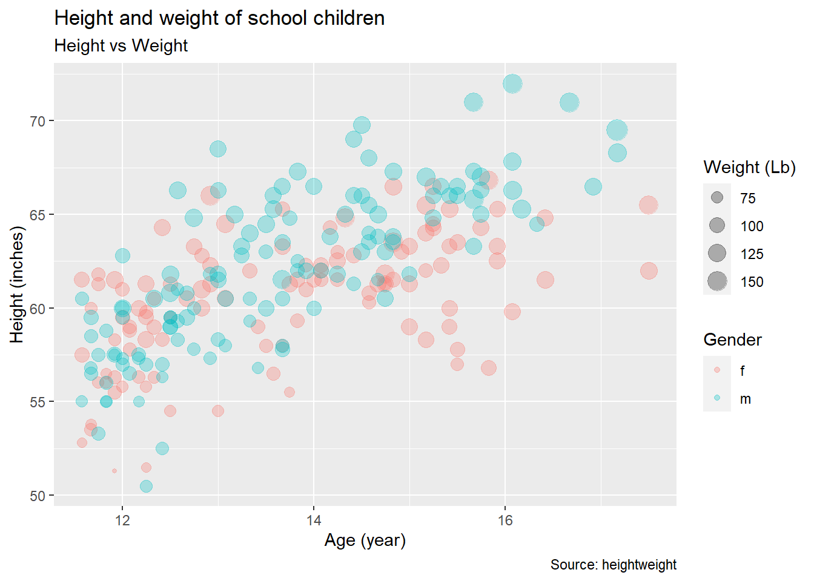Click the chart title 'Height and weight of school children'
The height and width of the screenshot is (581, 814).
click(x=219, y=18)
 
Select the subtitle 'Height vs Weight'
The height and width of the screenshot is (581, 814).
click(x=121, y=45)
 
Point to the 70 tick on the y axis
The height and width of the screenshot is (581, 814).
click(x=38, y=121)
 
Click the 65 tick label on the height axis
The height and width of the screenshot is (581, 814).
click(x=38, y=215)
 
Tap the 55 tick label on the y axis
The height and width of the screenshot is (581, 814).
click(x=38, y=402)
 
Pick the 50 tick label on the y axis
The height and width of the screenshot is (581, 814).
click(x=38, y=496)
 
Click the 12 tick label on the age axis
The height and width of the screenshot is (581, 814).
click(x=122, y=520)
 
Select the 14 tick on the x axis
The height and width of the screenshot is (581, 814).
click(x=314, y=520)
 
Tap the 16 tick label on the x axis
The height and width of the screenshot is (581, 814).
click(x=505, y=520)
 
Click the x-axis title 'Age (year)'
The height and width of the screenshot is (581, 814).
click(x=365, y=540)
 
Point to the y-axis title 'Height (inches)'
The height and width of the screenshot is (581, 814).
click(x=17, y=284)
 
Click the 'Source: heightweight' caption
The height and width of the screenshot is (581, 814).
click(x=613, y=565)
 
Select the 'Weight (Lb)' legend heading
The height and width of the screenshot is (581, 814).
click(x=749, y=167)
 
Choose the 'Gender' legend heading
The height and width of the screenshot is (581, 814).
click(x=732, y=340)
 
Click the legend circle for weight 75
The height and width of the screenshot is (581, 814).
click(x=717, y=198)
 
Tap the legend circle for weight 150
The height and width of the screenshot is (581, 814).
click(x=717, y=281)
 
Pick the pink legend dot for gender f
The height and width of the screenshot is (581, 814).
click(x=717, y=370)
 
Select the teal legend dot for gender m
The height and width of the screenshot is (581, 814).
click(x=717, y=398)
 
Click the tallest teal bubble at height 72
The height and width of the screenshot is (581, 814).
click(x=512, y=84)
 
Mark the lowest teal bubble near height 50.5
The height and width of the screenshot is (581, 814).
click(x=146, y=486)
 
